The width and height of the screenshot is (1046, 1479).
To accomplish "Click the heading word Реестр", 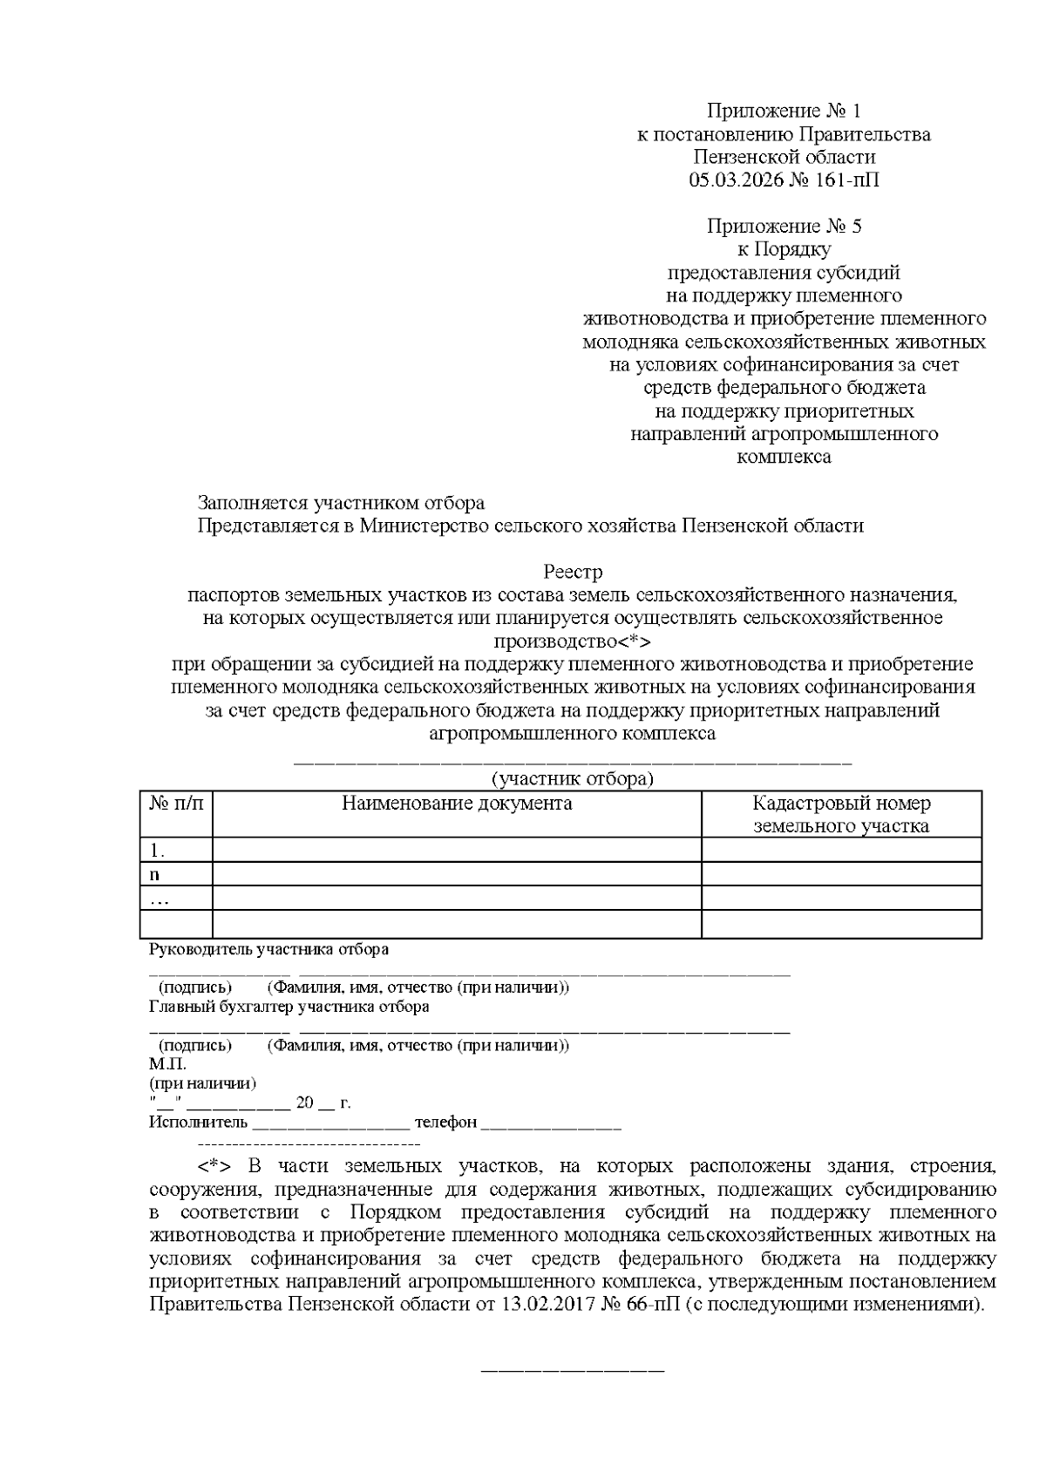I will point(573,573).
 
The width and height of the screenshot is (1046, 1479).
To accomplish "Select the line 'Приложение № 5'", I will point(784,227).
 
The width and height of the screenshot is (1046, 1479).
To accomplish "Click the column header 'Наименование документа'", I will point(457,804).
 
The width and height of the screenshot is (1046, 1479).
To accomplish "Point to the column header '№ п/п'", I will point(176,804).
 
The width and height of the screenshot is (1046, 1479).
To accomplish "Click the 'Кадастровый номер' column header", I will point(841,804).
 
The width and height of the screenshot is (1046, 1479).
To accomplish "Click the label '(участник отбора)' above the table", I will point(572,778).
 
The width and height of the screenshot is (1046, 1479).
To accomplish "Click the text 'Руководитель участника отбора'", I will point(269,950).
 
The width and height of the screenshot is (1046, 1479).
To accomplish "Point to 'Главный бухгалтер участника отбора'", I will point(289,1007).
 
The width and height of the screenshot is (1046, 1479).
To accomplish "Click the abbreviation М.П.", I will point(167,1064).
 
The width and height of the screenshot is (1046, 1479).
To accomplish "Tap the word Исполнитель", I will point(199,1123).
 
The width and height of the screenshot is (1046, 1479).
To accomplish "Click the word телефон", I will point(445,1123).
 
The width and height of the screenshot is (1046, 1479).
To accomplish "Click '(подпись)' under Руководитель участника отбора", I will point(194,987).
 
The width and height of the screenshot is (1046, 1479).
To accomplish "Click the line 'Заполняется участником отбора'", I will point(341,503).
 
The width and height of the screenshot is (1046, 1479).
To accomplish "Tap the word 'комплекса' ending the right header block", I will point(784,457).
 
